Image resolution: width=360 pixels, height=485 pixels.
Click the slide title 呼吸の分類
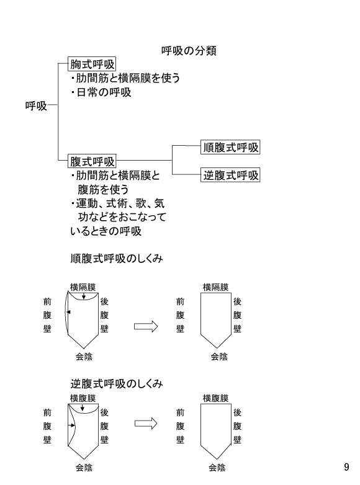189,51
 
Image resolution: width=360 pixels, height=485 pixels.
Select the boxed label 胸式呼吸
92,65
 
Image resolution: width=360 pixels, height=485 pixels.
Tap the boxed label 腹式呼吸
92,161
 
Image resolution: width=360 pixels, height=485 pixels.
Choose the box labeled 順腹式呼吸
230,147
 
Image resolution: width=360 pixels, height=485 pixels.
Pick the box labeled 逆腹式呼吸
230,175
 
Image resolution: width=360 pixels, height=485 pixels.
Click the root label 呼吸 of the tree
36,106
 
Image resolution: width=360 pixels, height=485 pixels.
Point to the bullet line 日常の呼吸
101,92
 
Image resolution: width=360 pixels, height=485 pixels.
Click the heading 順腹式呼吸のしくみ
117,258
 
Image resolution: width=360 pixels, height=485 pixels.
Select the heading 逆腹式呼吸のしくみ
117,383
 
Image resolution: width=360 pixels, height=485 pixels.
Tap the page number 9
346,467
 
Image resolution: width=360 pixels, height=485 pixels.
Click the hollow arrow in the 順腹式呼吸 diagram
146,327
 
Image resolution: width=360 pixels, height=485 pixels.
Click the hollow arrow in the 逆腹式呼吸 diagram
146,423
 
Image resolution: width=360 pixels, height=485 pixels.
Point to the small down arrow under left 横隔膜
84,296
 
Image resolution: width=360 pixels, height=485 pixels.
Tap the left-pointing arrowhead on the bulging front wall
69,312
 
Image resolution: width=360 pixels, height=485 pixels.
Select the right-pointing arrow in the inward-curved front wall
72,425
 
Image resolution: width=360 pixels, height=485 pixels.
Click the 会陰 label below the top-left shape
84,357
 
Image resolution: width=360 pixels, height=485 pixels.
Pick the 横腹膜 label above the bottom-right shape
216,398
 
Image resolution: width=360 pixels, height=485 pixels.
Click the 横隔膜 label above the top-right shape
216,287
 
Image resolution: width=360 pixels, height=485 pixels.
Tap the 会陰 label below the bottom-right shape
217,468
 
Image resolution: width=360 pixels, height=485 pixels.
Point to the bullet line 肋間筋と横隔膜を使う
125,78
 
